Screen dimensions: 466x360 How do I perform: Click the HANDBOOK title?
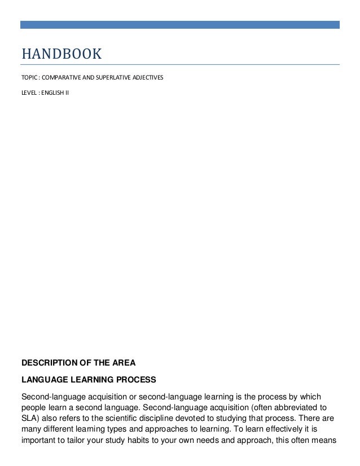62,54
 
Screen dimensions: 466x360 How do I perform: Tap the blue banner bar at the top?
180,25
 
